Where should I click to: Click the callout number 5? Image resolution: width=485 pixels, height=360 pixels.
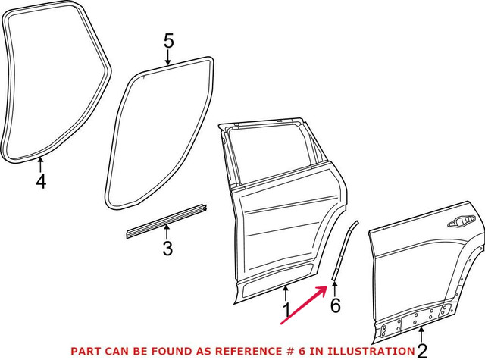point(169,42)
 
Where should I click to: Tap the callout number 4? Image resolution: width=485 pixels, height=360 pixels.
point(41,181)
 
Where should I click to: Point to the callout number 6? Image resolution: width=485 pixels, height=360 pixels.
point(335,305)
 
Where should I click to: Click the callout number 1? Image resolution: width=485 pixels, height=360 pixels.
point(286,311)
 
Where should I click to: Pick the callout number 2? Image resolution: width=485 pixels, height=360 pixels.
point(422,351)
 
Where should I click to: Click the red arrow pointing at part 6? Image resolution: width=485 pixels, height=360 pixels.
point(304,305)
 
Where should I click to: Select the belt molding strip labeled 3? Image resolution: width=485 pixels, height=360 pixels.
point(167,221)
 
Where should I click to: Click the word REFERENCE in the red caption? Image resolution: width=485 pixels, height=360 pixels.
point(248,351)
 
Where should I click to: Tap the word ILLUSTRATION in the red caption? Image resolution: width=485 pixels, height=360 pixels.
point(371,351)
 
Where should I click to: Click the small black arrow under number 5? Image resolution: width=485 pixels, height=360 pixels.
point(167,58)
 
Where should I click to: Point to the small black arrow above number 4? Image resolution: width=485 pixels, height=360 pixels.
point(40,164)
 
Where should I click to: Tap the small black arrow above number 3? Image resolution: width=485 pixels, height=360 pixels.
point(167,232)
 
